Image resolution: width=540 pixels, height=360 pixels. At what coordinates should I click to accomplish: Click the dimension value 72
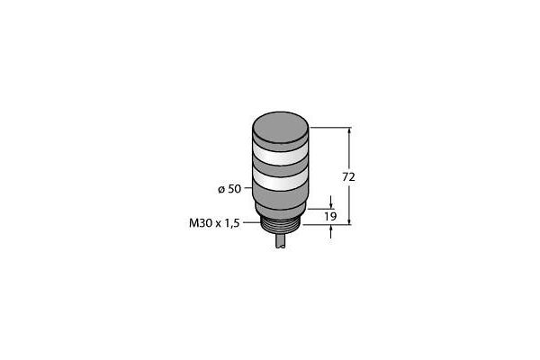[x=348, y=177]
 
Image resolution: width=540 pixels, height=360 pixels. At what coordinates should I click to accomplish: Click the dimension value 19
[x=330, y=217]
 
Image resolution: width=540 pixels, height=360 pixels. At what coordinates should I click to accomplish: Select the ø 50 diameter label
[x=229, y=189]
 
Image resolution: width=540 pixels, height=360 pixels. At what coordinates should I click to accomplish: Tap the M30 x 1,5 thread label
[x=214, y=223]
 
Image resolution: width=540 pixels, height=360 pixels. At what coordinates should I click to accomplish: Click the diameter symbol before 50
[x=221, y=190]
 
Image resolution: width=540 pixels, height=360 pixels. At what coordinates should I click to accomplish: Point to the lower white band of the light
[x=280, y=180]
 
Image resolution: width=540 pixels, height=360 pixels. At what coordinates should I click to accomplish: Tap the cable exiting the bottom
[x=280, y=242]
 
